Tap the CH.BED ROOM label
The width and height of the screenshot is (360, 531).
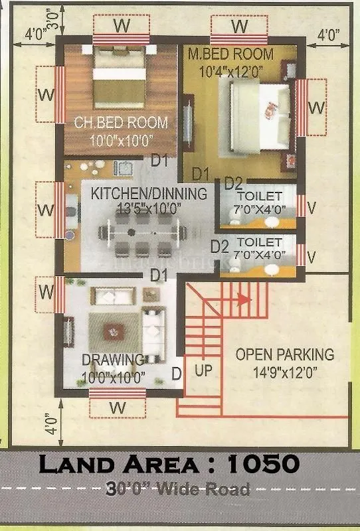coord(120,123)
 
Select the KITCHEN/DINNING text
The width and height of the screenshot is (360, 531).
coord(149,193)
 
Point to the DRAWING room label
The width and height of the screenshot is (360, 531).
coord(113,360)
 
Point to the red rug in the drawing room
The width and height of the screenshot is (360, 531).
coord(114,329)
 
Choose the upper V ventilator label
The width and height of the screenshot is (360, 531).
coord(312,206)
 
